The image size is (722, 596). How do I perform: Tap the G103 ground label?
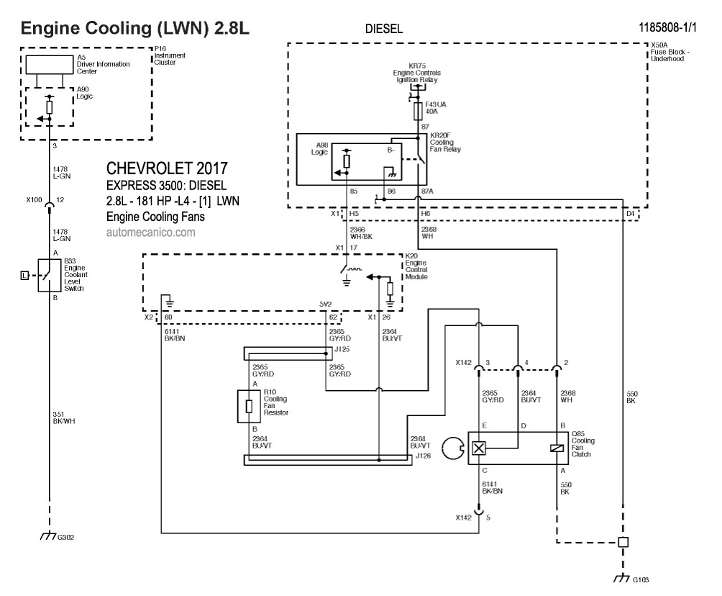tap(641, 579)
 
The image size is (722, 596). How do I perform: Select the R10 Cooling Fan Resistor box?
tap(249, 406)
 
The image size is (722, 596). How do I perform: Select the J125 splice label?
tap(342, 349)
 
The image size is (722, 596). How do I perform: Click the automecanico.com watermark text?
tap(150, 232)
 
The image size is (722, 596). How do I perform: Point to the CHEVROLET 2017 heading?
tap(167, 169)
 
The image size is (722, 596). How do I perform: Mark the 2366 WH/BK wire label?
tap(360, 232)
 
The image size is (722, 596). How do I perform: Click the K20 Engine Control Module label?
tap(416, 266)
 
